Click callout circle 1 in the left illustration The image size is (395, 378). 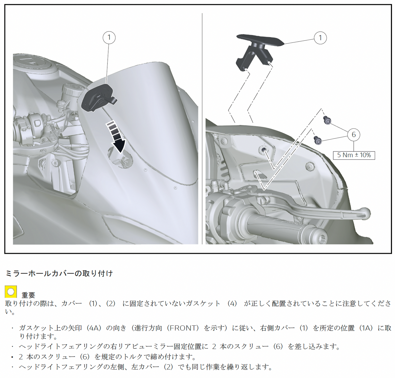click(109, 37)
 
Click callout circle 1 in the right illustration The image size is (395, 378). click(320, 38)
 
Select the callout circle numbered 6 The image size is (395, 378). click(353, 135)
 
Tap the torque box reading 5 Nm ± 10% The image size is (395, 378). click(354, 155)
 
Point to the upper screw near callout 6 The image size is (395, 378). click(327, 120)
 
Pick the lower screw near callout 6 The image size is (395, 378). click(318, 140)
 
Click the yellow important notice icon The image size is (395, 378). click(11, 292)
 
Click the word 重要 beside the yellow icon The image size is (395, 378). click(28, 295)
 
